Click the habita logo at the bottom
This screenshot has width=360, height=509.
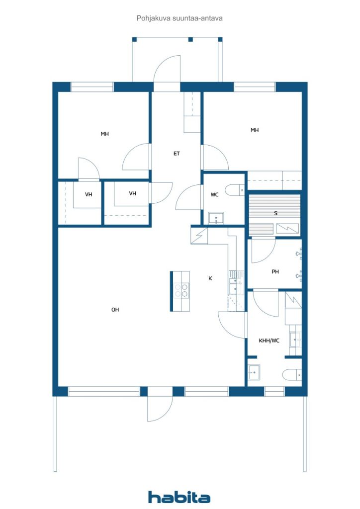[179, 497]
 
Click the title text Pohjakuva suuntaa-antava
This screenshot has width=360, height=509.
[180, 18]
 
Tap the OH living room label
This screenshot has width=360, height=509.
[115, 310]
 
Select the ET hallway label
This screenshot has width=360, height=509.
[177, 154]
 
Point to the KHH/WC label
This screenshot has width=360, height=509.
[269, 340]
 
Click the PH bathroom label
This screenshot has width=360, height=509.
[275, 272]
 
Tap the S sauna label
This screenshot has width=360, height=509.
[276, 213]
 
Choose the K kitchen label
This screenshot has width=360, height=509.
[210, 278]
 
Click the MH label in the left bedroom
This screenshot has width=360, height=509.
[104, 134]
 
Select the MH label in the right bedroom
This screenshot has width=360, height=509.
[255, 130]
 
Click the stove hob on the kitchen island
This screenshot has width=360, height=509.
[181, 290]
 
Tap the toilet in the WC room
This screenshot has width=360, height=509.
[235, 190]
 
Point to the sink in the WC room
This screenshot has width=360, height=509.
[216, 218]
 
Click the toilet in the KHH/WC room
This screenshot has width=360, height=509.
[292, 375]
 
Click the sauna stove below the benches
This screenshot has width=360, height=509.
[287, 229]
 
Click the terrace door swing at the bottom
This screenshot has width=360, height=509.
[160, 409]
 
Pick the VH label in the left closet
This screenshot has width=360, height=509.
[89, 194]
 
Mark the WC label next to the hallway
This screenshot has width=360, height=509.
[215, 195]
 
